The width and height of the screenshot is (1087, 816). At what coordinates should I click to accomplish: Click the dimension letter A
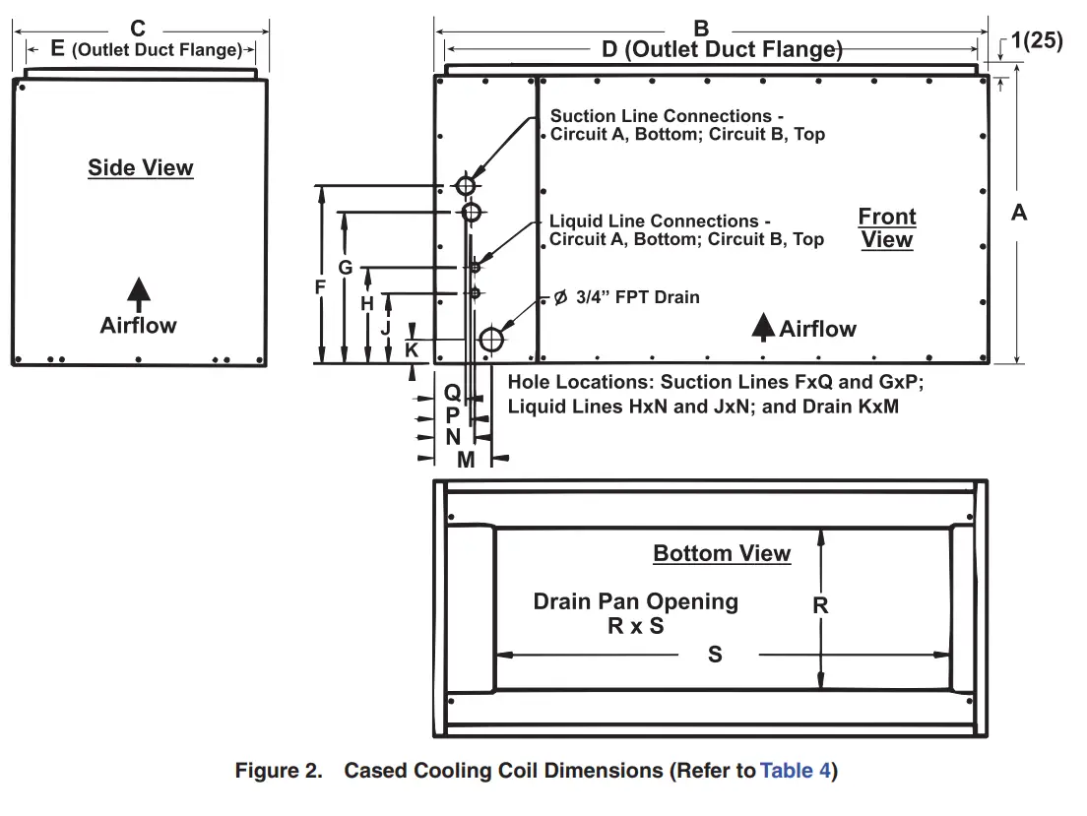[x=1019, y=212]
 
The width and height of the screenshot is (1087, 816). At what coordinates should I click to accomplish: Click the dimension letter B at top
[x=702, y=30]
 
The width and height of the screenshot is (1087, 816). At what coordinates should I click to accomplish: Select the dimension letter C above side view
[x=139, y=30]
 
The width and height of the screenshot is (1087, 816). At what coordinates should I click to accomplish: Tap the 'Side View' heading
[x=141, y=167]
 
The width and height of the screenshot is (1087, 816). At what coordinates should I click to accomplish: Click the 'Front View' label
[x=887, y=228]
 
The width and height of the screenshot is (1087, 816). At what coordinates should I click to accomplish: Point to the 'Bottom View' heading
[x=722, y=553]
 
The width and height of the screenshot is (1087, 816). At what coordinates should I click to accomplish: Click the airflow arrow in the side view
[x=139, y=291]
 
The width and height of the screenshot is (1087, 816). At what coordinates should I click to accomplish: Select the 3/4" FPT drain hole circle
[x=490, y=340]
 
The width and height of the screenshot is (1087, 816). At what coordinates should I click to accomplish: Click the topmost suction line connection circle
[x=465, y=185]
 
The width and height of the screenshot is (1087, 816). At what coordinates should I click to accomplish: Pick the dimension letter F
[x=320, y=287]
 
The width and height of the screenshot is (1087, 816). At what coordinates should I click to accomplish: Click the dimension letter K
[x=412, y=349]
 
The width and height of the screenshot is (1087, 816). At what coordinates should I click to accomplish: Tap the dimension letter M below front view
[x=466, y=460]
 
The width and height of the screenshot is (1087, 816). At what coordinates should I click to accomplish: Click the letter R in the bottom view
[x=820, y=606]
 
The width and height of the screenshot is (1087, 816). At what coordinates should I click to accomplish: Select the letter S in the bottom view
[x=716, y=654]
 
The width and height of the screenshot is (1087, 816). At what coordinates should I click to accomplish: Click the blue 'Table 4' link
[x=795, y=771]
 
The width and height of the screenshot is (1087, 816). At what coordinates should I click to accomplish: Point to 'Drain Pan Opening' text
[x=636, y=601]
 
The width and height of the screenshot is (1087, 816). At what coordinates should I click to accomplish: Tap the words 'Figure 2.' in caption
[x=278, y=771]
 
